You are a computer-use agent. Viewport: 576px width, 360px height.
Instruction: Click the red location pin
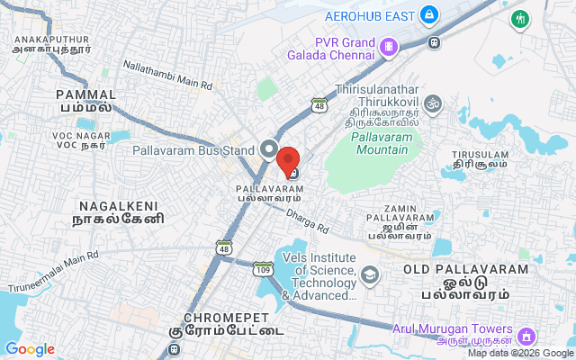tap(288, 160)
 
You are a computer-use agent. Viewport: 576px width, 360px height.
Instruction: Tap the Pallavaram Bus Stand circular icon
tap(268, 149)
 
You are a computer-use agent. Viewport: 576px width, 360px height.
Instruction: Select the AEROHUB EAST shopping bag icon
tap(429, 15)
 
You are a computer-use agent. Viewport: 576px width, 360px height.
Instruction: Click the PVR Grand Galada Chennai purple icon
tap(387, 46)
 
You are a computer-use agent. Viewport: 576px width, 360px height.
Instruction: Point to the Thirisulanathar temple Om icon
tap(433, 103)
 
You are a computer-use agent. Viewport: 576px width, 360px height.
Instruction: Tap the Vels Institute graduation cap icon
tap(368, 274)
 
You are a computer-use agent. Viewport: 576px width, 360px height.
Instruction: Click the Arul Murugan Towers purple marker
tap(525, 336)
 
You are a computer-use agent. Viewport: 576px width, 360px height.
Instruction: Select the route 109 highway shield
tap(263, 269)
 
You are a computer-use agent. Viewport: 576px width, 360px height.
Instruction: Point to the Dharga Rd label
tap(310, 221)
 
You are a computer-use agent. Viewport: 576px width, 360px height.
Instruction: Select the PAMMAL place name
tap(86, 94)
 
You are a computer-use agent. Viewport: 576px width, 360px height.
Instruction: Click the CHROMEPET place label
tap(225, 318)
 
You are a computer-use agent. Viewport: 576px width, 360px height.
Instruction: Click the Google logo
tap(30, 349)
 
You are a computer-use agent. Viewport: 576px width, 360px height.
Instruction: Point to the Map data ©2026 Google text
tap(518, 353)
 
